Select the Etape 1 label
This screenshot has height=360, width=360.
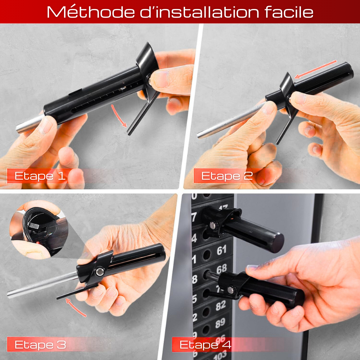point(40,176)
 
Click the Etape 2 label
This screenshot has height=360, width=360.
point(227,176)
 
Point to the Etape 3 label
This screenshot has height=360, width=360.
point(40,345)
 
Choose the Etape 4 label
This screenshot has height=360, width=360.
point(206,345)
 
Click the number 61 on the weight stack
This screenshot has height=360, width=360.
point(222,250)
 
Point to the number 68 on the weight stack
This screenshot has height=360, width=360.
point(222,269)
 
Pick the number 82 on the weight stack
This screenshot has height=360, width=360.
point(221,306)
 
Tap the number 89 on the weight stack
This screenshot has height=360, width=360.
point(221,324)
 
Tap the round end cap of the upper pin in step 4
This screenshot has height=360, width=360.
point(277,242)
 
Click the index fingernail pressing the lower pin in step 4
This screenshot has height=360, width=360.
point(252,267)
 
